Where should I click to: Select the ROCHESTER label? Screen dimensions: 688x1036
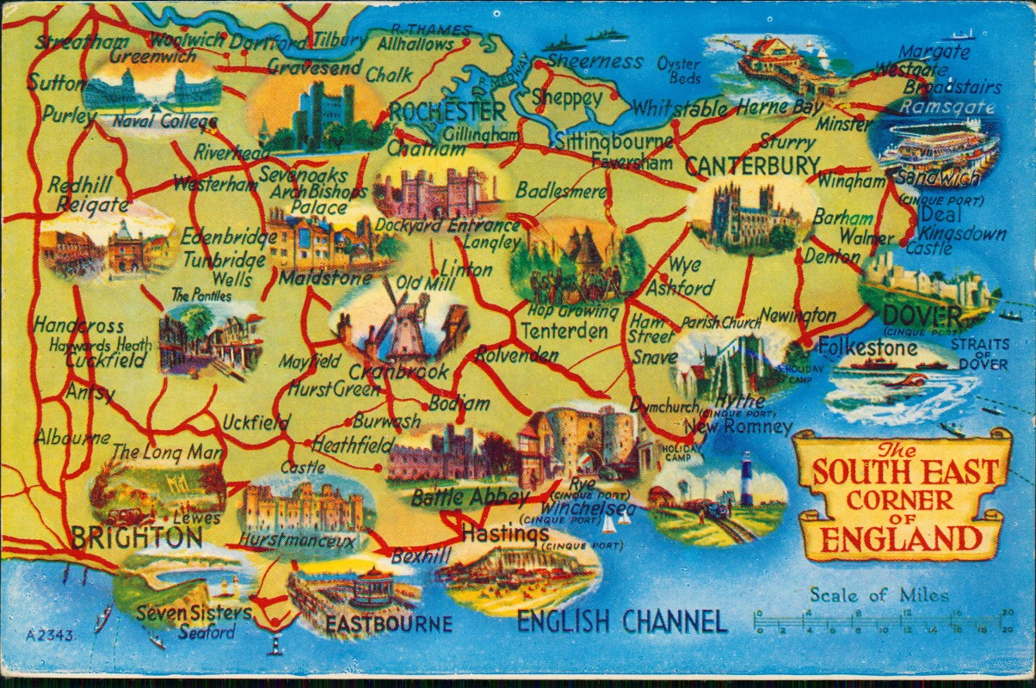coord(447,112)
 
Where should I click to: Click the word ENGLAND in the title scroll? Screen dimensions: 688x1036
coord(902,539)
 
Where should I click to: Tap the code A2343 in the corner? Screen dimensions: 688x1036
coord(50,636)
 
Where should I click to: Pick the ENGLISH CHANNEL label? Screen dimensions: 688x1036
coord(621,620)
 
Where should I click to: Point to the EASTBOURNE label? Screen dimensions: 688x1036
coord(388,623)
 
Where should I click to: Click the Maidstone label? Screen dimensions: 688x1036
coord(311,279)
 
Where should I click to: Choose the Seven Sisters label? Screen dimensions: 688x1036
coord(194,613)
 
